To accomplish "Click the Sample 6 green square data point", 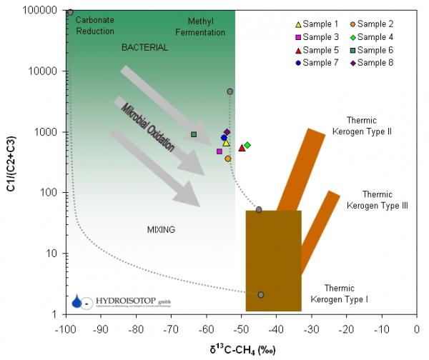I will pyautogui.click(x=194, y=134).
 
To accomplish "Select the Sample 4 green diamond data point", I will pyautogui.click(x=247, y=145).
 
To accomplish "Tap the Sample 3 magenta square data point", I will pyautogui.click(x=220, y=151).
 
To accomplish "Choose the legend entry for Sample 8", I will pyautogui.click(x=371, y=63).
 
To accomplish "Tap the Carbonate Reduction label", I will pyautogui.click(x=95, y=26).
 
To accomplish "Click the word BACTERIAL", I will pyautogui.click(x=144, y=47).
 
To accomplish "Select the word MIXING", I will pyautogui.click(x=161, y=229).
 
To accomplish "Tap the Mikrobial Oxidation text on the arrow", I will pyautogui.click(x=147, y=129).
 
